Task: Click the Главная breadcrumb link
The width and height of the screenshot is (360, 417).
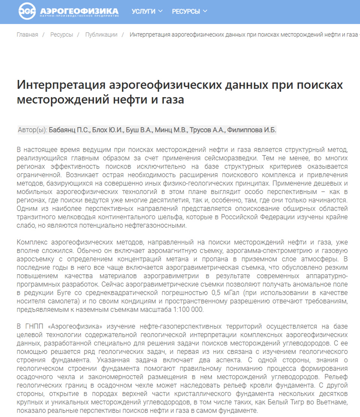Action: [27, 35]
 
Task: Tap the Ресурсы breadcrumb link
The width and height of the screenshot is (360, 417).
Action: [61, 35]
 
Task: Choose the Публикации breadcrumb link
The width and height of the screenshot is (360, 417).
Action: [101, 35]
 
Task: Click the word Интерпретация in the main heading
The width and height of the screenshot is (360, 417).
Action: [60, 85]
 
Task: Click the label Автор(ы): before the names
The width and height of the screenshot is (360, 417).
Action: [33, 130]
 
